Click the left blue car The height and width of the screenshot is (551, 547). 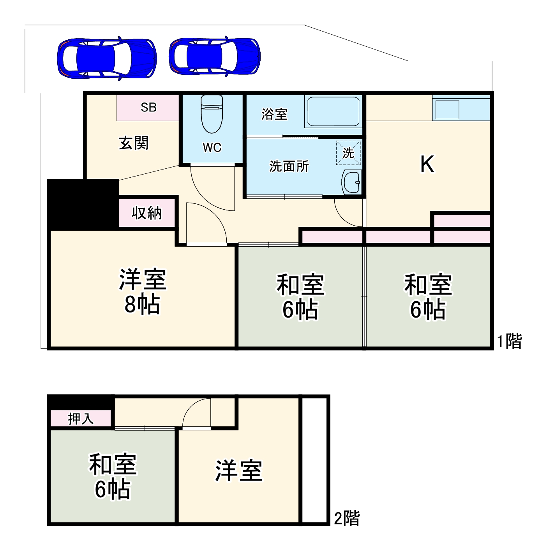pyautogui.click(x=106, y=59)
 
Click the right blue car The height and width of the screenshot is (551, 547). pyautogui.click(x=215, y=56)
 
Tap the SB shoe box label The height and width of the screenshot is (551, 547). pyautogui.click(x=148, y=107)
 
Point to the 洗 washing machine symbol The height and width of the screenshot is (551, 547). pyautogui.click(x=348, y=153)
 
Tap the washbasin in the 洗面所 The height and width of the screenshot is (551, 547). pyautogui.click(x=352, y=182)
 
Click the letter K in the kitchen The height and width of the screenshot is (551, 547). pyautogui.click(x=427, y=164)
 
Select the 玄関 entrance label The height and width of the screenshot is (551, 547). pyautogui.click(x=134, y=143)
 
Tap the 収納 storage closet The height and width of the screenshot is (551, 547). pyautogui.click(x=146, y=213)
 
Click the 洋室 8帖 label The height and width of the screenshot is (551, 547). pyautogui.click(x=142, y=291)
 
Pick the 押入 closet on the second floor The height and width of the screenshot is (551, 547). pyautogui.click(x=81, y=419)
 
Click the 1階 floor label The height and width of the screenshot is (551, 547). pyautogui.click(x=509, y=341)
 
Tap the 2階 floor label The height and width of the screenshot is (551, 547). pyautogui.click(x=347, y=518)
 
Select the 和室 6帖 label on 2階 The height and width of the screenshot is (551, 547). pyautogui.click(x=113, y=477)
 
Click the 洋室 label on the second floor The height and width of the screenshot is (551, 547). pyautogui.click(x=239, y=471)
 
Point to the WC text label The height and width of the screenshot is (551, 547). pyautogui.click(x=212, y=148)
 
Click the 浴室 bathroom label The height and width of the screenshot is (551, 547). pyautogui.click(x=274, y=114)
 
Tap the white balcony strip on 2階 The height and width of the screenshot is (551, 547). pyautogui.click(x=314, y=460)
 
